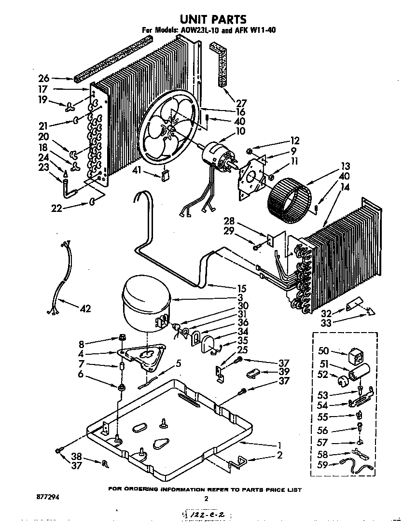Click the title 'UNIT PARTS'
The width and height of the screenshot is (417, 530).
(213, 19)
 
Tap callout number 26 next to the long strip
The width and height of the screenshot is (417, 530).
(43, 78)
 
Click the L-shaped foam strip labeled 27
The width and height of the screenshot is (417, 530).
(220, 63)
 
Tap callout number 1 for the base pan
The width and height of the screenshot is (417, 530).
(279, 445)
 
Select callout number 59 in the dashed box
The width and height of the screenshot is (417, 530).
(322, 465)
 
